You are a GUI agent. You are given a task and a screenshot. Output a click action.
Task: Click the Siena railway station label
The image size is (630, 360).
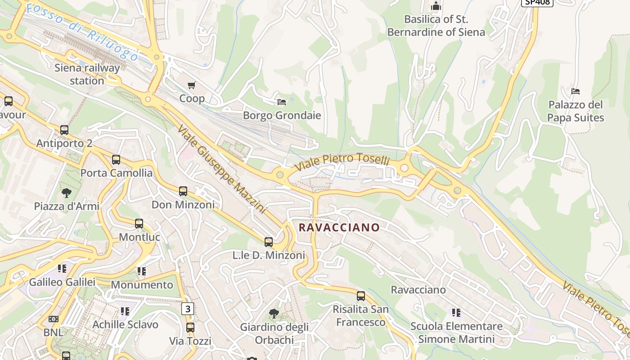pos(87,75)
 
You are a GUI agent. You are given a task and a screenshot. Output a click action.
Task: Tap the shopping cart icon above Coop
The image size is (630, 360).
pos(192,85)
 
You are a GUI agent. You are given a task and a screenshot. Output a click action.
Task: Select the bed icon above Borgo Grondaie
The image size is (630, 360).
pos(282,102)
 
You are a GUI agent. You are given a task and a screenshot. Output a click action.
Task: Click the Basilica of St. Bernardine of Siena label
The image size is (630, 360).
pos(436,26)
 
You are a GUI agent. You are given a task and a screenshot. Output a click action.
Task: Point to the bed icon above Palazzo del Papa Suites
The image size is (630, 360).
pos(576,91)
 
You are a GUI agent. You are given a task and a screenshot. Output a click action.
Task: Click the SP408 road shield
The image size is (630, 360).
pos(537,2)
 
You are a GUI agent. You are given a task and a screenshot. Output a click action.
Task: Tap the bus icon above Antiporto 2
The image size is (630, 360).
pos(64,130)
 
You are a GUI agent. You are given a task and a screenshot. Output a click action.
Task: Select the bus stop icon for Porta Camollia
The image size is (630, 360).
pos(116,160)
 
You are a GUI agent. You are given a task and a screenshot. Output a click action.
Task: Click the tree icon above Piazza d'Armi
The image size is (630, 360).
pos(67,193)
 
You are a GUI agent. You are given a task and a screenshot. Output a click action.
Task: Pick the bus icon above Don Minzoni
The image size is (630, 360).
pos(183,191)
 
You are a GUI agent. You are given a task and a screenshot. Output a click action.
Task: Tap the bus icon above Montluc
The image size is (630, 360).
pos(139,224)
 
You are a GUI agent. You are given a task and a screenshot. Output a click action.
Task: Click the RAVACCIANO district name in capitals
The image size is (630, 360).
pos(339,228)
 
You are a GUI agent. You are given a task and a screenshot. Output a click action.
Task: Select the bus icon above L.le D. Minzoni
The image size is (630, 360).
pos(269,242)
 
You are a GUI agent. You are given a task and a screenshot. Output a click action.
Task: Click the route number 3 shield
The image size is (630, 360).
pos(188,309)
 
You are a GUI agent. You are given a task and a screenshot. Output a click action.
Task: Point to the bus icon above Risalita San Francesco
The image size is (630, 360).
pos(361,296)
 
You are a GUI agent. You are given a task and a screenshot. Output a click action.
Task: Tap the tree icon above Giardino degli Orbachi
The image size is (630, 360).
pos(274,314)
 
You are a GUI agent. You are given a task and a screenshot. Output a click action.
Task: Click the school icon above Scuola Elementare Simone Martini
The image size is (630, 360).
pos(456,312)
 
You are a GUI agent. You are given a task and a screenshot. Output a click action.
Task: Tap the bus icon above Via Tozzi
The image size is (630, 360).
pos(190,328)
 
